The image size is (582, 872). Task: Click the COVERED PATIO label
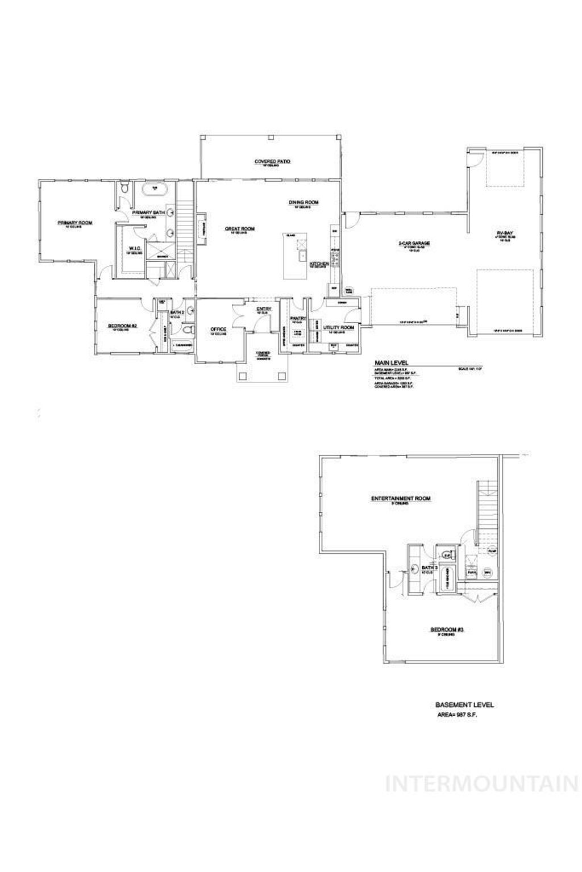click(272, 162)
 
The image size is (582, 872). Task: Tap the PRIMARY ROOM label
click(74, 223)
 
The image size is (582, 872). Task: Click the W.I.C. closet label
click(135, 248)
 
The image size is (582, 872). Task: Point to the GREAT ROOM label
click(239, 229)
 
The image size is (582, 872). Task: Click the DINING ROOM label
click(303, 202)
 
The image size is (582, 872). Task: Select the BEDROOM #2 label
click(123, 326)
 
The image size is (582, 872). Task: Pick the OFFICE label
click(218, 329)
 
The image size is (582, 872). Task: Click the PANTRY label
click(298, 318)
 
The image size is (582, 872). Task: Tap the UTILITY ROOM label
click(339, 328)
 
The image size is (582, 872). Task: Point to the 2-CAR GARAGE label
click(413, 243)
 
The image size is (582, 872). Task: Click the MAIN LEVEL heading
click(390, 362)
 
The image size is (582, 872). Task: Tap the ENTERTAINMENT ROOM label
click(400, 499)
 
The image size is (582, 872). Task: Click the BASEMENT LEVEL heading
click(464, 705)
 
